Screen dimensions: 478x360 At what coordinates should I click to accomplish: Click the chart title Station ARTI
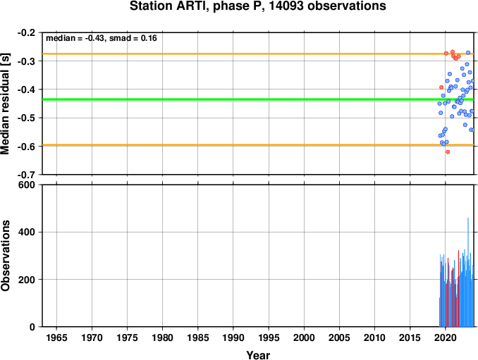coord(258,6)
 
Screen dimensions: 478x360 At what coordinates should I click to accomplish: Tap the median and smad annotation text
coord(102,38)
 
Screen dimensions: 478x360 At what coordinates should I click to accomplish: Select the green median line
coord(258,99)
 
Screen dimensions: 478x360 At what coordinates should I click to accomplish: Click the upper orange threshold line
coord(258,54)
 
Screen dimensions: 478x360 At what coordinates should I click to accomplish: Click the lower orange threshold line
coord(258,145)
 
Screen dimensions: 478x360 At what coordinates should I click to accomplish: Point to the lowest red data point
coord(448,151)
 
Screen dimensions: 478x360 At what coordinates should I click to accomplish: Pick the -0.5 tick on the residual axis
coord(27,118)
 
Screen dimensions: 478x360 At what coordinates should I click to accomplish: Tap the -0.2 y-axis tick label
coord(27,32)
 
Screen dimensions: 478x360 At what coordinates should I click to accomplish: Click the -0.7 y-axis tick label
coord(27,175)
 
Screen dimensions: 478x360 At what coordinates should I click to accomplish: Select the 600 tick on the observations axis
coord(27,185)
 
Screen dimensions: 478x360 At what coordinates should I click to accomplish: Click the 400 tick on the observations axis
coord(27,232)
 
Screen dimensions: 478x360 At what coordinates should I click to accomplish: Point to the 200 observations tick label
coord(27,279)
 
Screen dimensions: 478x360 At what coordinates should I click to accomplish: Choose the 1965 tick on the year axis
coord(56,337)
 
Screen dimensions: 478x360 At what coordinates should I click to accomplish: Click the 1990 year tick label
coord(233,337)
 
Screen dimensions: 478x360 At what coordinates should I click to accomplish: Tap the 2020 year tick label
coord(446,337)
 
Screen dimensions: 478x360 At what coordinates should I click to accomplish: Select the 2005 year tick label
coord(339,337)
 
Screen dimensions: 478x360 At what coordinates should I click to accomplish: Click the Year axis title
coord(258,355)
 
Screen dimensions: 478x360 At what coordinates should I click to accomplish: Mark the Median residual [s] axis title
coord(5,104)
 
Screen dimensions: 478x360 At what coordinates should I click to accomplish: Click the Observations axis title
coord(5,256)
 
